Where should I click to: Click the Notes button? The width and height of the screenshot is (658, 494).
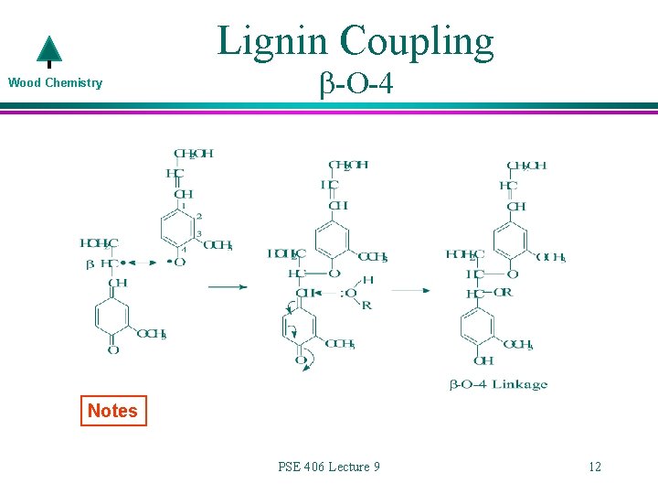click(x=112, y=411)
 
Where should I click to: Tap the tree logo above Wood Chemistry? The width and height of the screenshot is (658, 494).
click(x=48, y=52)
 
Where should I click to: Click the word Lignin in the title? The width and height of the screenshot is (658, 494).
click(x=273, y=41)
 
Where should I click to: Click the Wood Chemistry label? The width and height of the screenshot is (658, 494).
click(x=55, y=83)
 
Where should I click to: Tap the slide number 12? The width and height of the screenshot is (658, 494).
click(x=595, y=467)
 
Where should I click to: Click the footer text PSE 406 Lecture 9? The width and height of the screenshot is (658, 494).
click(x=329, y=467)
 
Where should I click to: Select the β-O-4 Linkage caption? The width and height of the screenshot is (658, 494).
click(x=498, y=384)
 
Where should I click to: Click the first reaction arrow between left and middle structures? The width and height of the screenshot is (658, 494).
click(x=228, y=287)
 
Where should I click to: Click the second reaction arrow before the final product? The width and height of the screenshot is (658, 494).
click(x=412, y=291)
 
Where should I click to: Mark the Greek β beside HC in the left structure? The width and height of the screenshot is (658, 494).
click(x=89, y=263)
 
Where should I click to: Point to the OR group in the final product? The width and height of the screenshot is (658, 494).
click(x=502, y=294)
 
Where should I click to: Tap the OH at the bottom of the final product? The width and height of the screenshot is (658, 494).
click(x=483, y=361)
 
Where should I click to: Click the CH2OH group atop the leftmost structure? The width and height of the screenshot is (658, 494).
click(x=194, y=154)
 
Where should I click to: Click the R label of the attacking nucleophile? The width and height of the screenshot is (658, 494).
click(x=366, y=305)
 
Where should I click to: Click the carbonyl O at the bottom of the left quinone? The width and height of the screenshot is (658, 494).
click(x=114, y=349)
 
